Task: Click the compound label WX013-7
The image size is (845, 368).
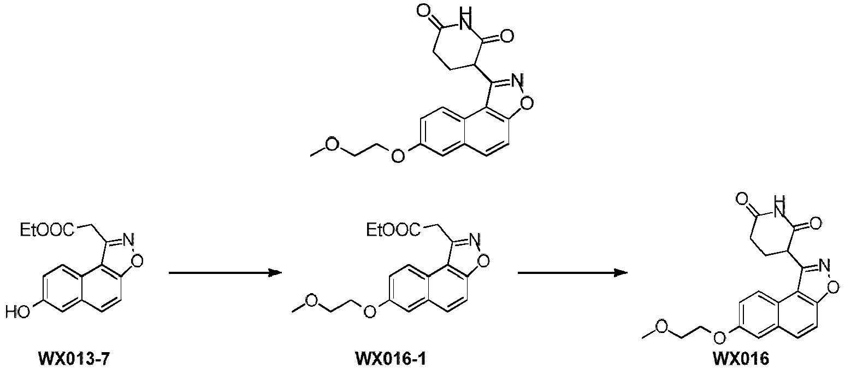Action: tap(75, 359)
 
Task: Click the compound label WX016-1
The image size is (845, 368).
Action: tap(391, 359)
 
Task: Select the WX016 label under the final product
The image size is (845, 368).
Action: tap(741, 359)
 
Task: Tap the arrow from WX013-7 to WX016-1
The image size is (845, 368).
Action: tap(225, 272)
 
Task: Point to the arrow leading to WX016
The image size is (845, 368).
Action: tap(572, 272)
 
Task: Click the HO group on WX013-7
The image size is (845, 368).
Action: tap(17, 312)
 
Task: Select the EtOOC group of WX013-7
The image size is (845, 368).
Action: tap(47, 230)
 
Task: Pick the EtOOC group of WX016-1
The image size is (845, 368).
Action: tap(394, 230)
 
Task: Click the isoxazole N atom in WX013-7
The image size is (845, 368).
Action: tap(129, 239)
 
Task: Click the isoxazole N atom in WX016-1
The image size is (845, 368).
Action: tap(475, 239)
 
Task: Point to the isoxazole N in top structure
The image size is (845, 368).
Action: tap(519, 80)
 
